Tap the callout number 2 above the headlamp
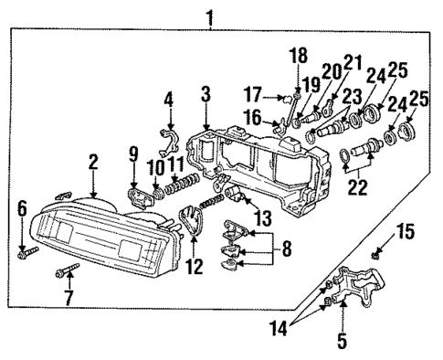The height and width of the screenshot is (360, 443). pyautogui.click(x=92, y=162)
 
